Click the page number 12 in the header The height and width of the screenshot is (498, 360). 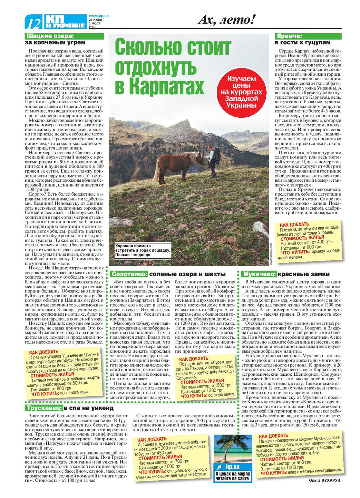34,23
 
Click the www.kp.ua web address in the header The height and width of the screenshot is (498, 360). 99,16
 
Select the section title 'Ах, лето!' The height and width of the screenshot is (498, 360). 226,20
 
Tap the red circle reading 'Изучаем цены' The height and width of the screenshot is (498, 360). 241,92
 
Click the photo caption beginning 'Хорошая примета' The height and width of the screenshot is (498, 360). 143,250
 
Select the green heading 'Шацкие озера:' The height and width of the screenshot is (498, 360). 50,36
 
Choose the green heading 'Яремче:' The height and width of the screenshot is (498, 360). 289,36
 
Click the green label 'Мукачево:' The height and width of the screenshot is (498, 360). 259,274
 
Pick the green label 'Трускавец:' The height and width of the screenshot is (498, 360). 44,408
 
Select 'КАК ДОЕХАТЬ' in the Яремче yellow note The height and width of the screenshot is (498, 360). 294,225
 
